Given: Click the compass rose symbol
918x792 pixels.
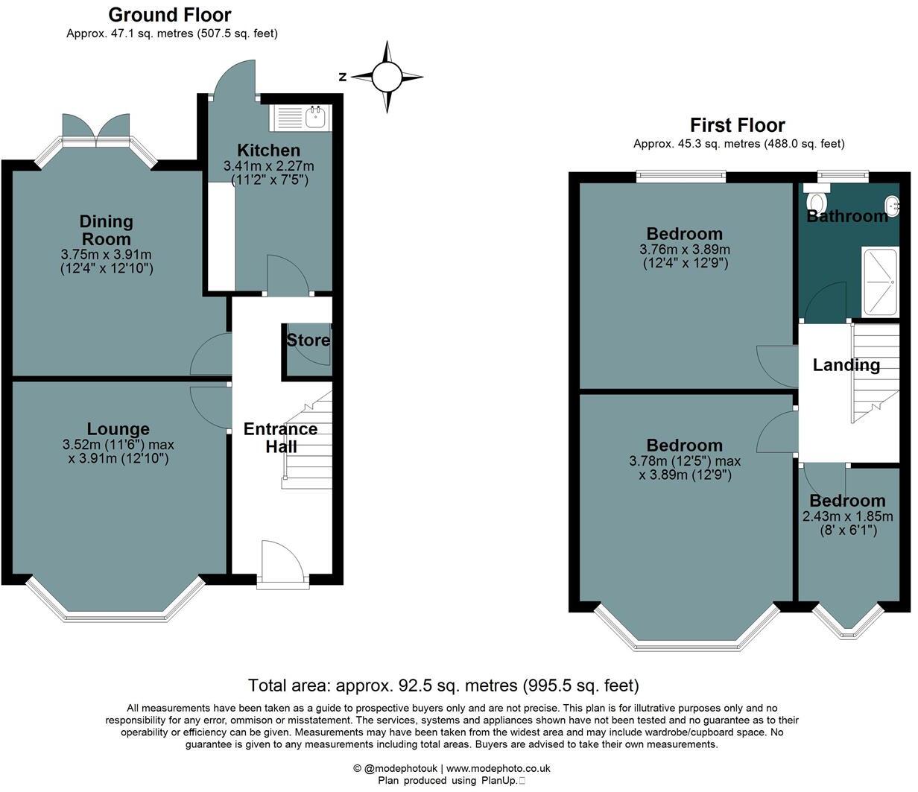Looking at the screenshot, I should click(x=386, y=76).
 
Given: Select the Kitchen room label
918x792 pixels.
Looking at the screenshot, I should click(x=268, y=151).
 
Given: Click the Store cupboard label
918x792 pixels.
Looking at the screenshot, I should click(x=308, y=340).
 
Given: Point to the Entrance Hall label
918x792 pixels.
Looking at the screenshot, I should click(x=281, y=437).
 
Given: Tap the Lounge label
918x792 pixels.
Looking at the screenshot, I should click(x=118, y=429).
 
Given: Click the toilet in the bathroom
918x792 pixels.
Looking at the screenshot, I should click(x=817, y=201).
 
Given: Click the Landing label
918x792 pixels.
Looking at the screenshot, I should click(x=846, y=365).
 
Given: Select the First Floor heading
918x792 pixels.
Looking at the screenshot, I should click(x=737, y=124).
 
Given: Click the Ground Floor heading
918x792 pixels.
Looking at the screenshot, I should click(x=170, y=14).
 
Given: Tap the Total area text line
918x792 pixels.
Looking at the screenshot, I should click(x=443, y=685).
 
